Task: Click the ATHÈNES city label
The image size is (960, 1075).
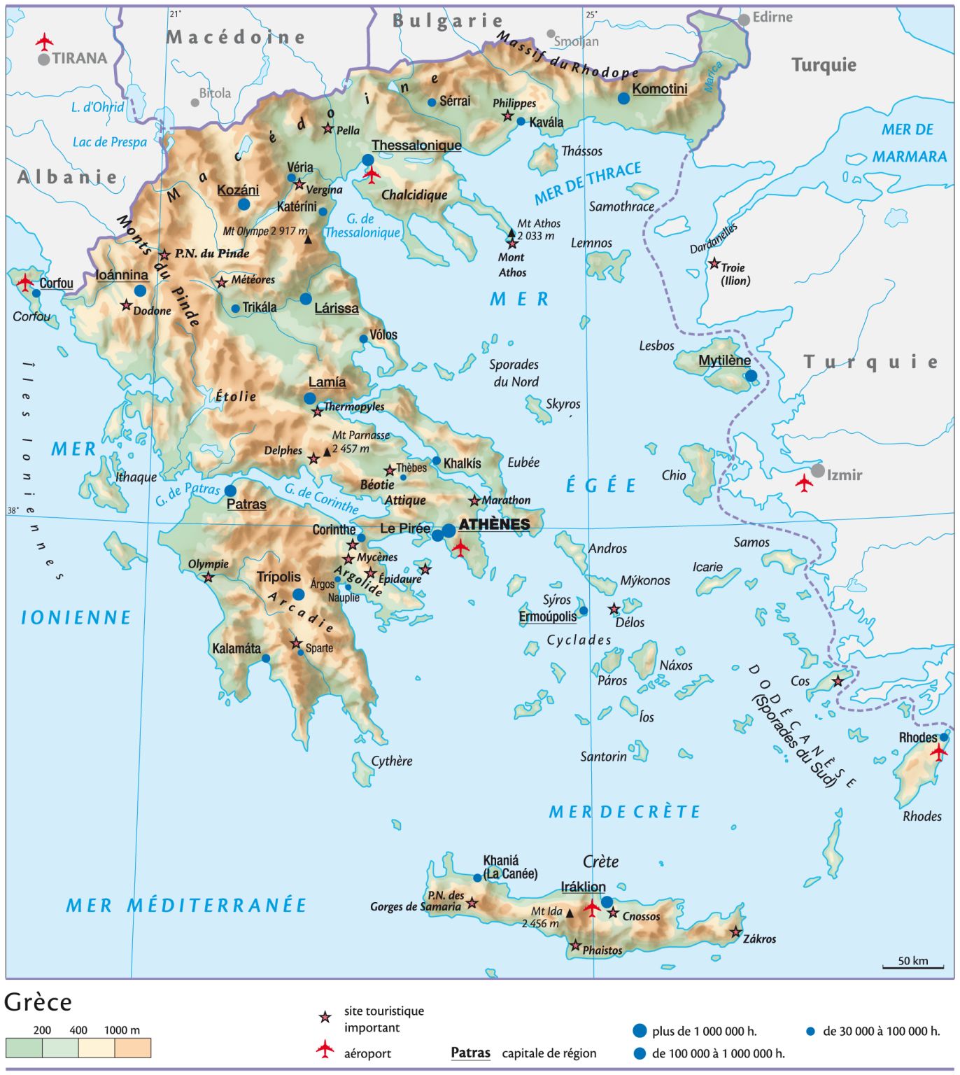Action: (x=494, y=524)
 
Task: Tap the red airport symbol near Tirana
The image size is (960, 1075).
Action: (x=45, y=41)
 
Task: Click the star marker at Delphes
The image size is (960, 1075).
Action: (x=313, y=459)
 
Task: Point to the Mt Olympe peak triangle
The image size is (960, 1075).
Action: (x=308, y=239)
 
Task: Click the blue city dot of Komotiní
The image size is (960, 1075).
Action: (x=623, y=99)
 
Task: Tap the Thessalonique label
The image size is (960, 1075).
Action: (x=416, y=145)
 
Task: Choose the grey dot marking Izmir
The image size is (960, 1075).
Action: (x=817, y=471)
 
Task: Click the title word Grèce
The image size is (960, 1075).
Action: (x=38, y=1002)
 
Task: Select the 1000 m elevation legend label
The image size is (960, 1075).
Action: (x=122, y=1030)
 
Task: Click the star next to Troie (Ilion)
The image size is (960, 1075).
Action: (x=714, y=264)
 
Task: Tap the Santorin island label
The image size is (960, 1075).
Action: (x=603, y=757)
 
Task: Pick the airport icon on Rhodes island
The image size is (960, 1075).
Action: (x=938, y=752)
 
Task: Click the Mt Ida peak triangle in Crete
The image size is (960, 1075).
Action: (x=570, y=913)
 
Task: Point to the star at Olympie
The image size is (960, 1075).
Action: (x=209, y=577)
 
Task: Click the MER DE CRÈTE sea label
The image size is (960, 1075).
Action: (x=624, y=812)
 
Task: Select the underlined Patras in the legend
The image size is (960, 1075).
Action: (x=470, y=1053)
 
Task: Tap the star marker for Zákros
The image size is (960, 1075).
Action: (x=735, y=932)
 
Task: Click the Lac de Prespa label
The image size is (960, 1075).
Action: (x=110, y=142)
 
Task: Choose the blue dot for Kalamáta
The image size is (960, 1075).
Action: (x=266, y=659)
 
